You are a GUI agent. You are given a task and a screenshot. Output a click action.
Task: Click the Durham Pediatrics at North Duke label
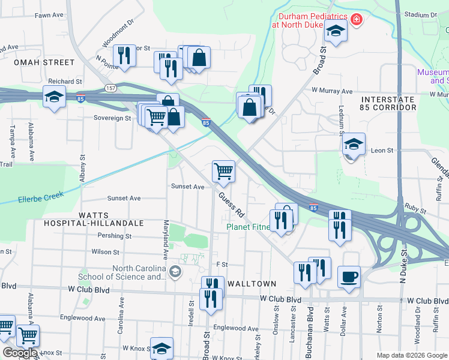coord(310,20)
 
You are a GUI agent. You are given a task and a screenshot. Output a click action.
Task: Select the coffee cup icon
coord(349,277)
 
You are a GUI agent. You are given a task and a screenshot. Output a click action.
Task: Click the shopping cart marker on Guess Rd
coord(223,172)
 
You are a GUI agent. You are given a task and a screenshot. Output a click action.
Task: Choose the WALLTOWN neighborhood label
coord(256,284)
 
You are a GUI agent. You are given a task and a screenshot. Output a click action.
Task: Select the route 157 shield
coord(110,88)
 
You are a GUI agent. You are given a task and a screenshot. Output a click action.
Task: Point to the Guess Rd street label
coord(232,203)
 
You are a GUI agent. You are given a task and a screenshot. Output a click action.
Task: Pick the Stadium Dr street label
coord(420,15)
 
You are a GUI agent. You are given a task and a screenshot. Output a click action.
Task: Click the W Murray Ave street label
coord(331,91)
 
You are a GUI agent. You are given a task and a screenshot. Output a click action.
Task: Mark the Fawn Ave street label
coord(49,15)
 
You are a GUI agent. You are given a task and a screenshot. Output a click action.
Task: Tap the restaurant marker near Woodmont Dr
coord(124,56)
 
